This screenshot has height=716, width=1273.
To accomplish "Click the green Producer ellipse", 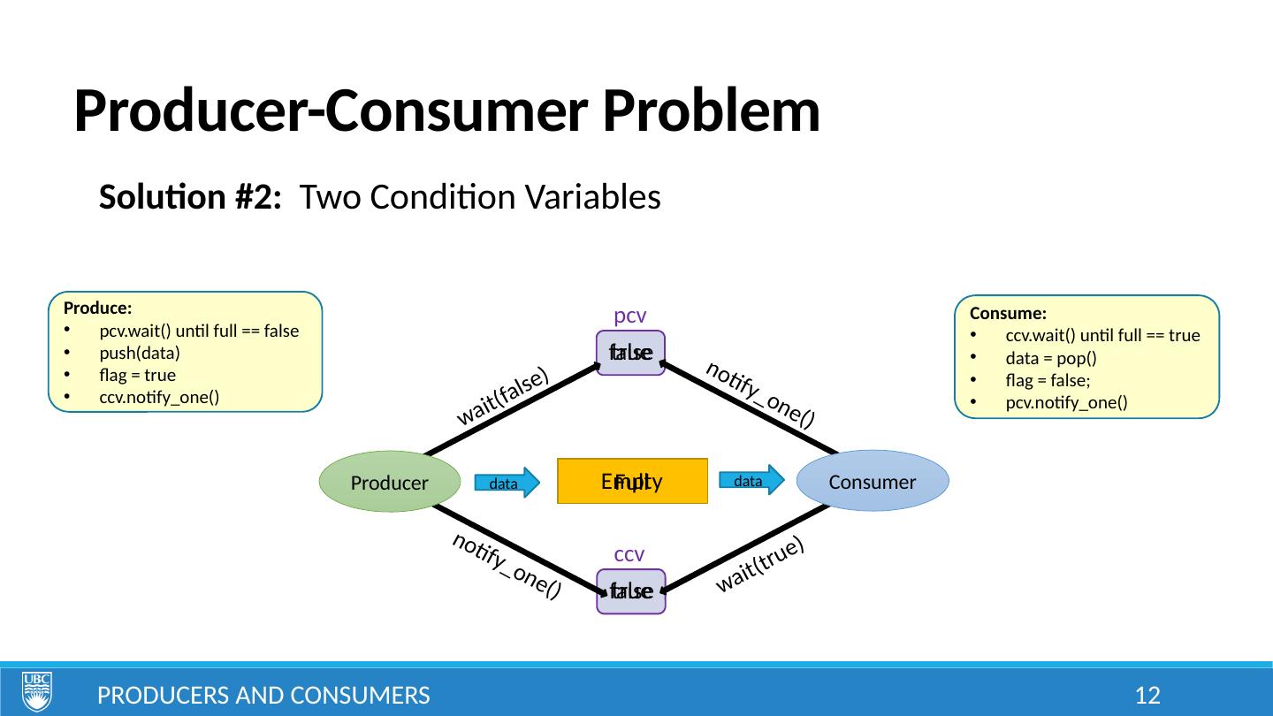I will coord(389,482).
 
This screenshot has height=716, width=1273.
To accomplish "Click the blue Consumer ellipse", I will coord(872,482).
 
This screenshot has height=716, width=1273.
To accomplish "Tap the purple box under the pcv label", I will coord(630,353).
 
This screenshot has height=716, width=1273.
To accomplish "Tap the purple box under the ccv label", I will coord(630,590).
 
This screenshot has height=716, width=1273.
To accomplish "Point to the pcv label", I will coord(630,316).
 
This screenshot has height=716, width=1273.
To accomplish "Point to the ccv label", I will coord(629,554).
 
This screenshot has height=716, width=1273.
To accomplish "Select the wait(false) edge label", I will coord(502,397).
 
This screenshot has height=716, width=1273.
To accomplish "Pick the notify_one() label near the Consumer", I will coord(759,395).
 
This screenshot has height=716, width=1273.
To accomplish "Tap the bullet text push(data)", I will coord(140,353).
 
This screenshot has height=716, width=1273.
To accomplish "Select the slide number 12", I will coord(1147,695).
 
